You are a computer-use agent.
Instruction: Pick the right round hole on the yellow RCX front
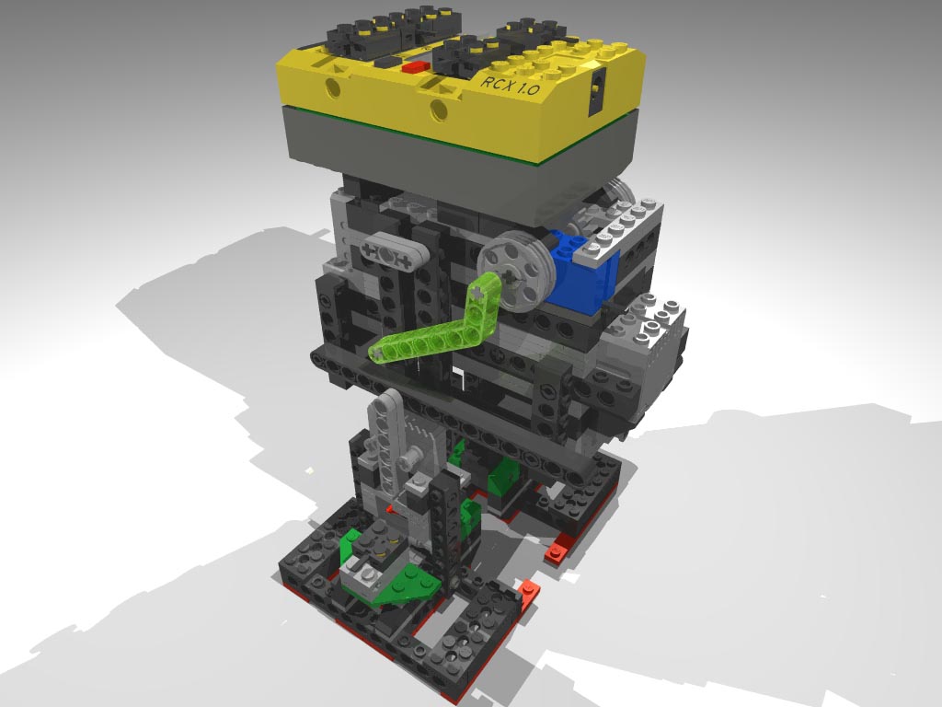point(438,112)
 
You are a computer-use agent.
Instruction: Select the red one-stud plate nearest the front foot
point(528,589)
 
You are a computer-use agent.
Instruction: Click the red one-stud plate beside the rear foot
point(557,553)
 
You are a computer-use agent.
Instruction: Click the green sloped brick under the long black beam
point(504,479)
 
